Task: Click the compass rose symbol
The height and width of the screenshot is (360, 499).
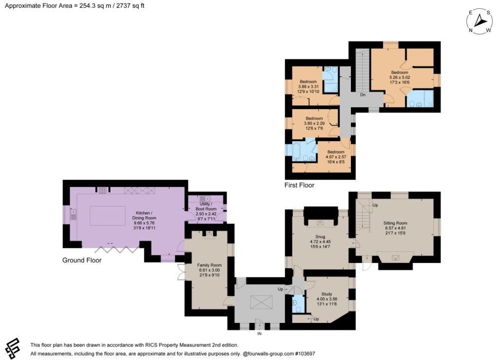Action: click(x=480, y=21)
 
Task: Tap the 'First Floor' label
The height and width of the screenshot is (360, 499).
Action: click(x=299, y=185)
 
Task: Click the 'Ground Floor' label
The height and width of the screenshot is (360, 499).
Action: click(x=82, y=260)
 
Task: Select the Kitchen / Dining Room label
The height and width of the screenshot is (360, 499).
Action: click(x=144, y=220)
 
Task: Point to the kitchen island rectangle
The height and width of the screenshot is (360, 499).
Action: click(x=107, y=216)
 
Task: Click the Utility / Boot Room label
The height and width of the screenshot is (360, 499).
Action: click(x=206, y=211)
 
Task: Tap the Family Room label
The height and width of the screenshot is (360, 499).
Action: click(x=210, y=270)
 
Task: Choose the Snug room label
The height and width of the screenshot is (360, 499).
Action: click(x=320, y=242)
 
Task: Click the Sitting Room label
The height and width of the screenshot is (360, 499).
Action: click(x=395, y=228)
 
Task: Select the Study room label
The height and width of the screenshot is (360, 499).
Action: click(x=327, y=299)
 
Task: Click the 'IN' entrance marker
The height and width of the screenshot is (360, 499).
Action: click(x=259, y=334)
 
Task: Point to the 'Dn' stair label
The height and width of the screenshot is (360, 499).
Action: click(x=363, y=95)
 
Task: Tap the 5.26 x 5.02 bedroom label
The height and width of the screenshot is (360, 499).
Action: click(x=400, y=77)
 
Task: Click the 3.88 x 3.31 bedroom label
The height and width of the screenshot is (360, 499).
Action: click(x=308, y=87)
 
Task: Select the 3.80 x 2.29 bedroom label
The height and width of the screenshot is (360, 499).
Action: click(x=314, y=123)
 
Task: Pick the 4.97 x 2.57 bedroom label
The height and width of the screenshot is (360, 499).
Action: click(x=336, y=157)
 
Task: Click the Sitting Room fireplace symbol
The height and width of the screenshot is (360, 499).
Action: click(x=395, y=258)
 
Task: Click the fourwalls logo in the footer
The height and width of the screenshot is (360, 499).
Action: click(x=13, y=348)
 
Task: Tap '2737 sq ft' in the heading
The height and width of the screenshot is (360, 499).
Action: click(x=130, y=6)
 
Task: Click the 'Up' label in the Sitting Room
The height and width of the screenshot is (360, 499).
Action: click(x=375, y=205)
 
